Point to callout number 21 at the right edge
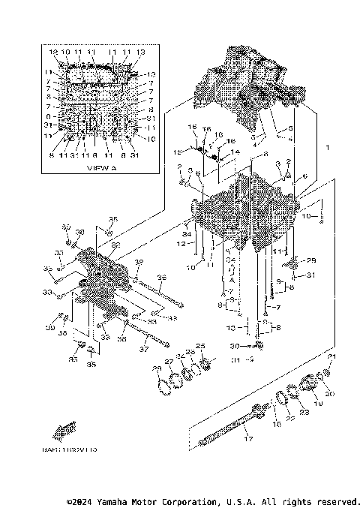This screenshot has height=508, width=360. (x=332, y=356)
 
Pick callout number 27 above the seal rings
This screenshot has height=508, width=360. (x=169, y=362)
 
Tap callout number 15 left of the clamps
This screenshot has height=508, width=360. (x=177, y=152)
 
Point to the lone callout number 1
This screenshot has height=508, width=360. (x=326, y=148)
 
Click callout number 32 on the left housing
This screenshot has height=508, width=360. (x=114, y=244)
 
